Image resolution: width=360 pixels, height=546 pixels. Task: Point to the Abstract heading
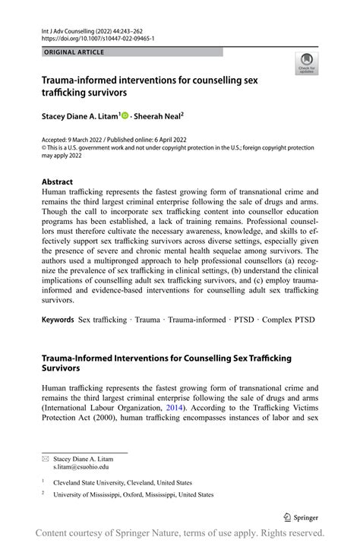[58, 182]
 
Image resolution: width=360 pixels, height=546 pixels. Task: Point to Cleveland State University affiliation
[122, 482]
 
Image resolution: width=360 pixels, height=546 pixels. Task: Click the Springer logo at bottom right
[302, 518]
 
